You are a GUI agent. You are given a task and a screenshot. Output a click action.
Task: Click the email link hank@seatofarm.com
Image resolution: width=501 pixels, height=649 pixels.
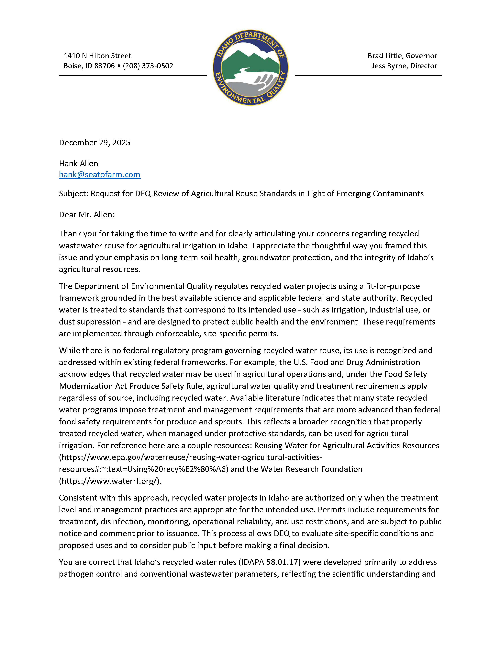tap(99, 174)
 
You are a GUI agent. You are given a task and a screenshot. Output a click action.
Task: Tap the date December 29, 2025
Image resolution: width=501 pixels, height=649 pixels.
tap(94, 143)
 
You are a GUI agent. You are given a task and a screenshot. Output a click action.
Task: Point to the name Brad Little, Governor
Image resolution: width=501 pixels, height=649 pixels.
tap(402, 56)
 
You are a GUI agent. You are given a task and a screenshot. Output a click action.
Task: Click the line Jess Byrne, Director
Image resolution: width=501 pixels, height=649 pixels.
tap(404, 66)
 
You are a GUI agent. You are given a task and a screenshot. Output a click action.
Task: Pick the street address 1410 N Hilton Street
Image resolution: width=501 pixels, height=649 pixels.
tap(97, 56)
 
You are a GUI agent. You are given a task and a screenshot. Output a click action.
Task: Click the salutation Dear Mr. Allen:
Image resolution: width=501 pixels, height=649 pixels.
tap(86, 215)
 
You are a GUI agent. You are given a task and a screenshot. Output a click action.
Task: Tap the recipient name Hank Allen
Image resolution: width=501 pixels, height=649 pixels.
tap(78, 163)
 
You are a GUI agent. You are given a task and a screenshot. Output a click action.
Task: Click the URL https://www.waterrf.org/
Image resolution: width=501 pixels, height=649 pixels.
tap(110, 481)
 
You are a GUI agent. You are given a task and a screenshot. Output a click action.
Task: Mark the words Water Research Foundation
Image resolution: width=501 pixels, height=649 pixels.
tap(311, 469)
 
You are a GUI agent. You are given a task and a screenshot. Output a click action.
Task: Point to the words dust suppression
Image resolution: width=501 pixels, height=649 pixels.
tap(90, 322)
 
